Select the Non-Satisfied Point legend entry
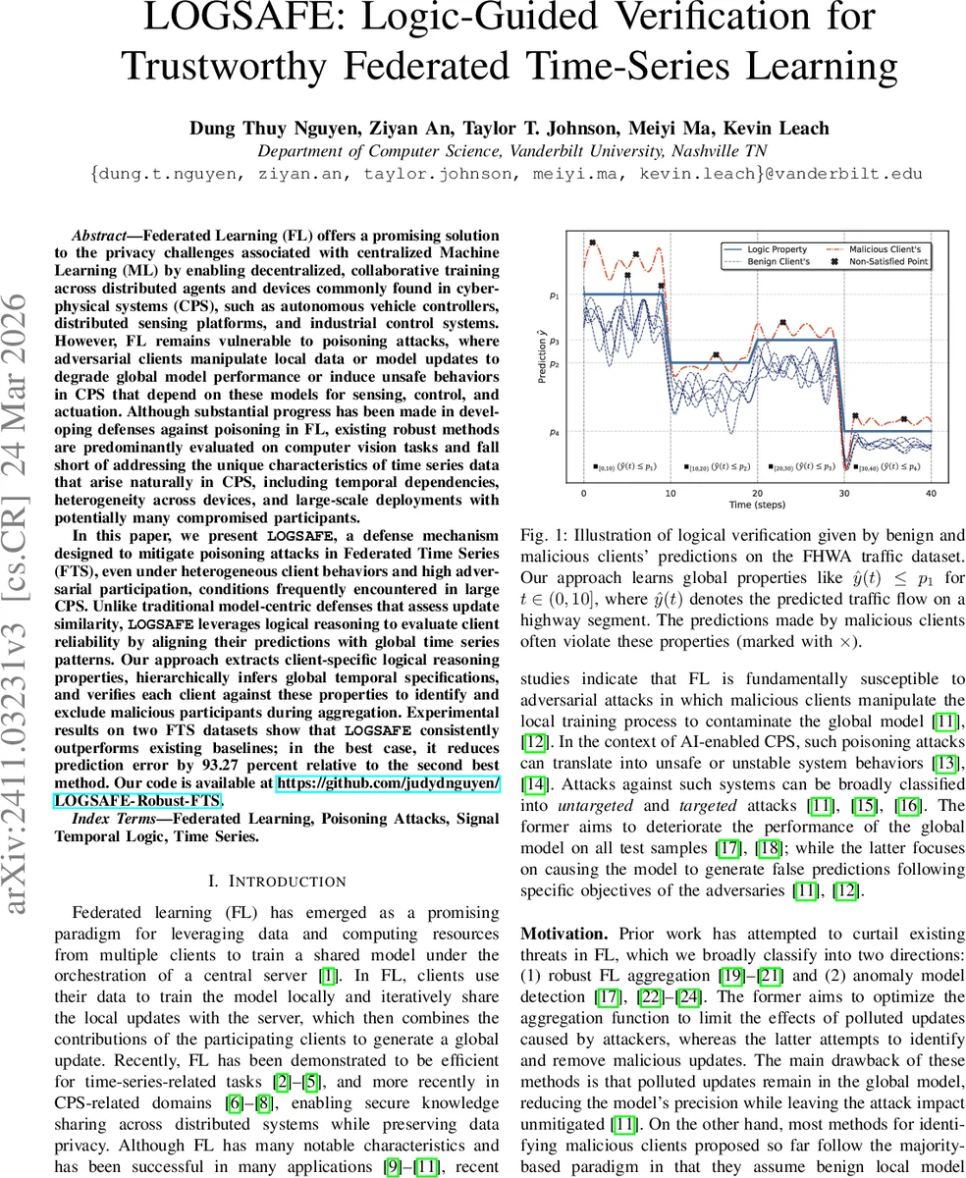887,262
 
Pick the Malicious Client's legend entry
884,250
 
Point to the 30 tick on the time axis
843,493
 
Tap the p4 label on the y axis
555,431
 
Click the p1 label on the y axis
555,294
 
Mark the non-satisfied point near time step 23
782,323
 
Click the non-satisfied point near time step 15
716,355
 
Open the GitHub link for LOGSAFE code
388,791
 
